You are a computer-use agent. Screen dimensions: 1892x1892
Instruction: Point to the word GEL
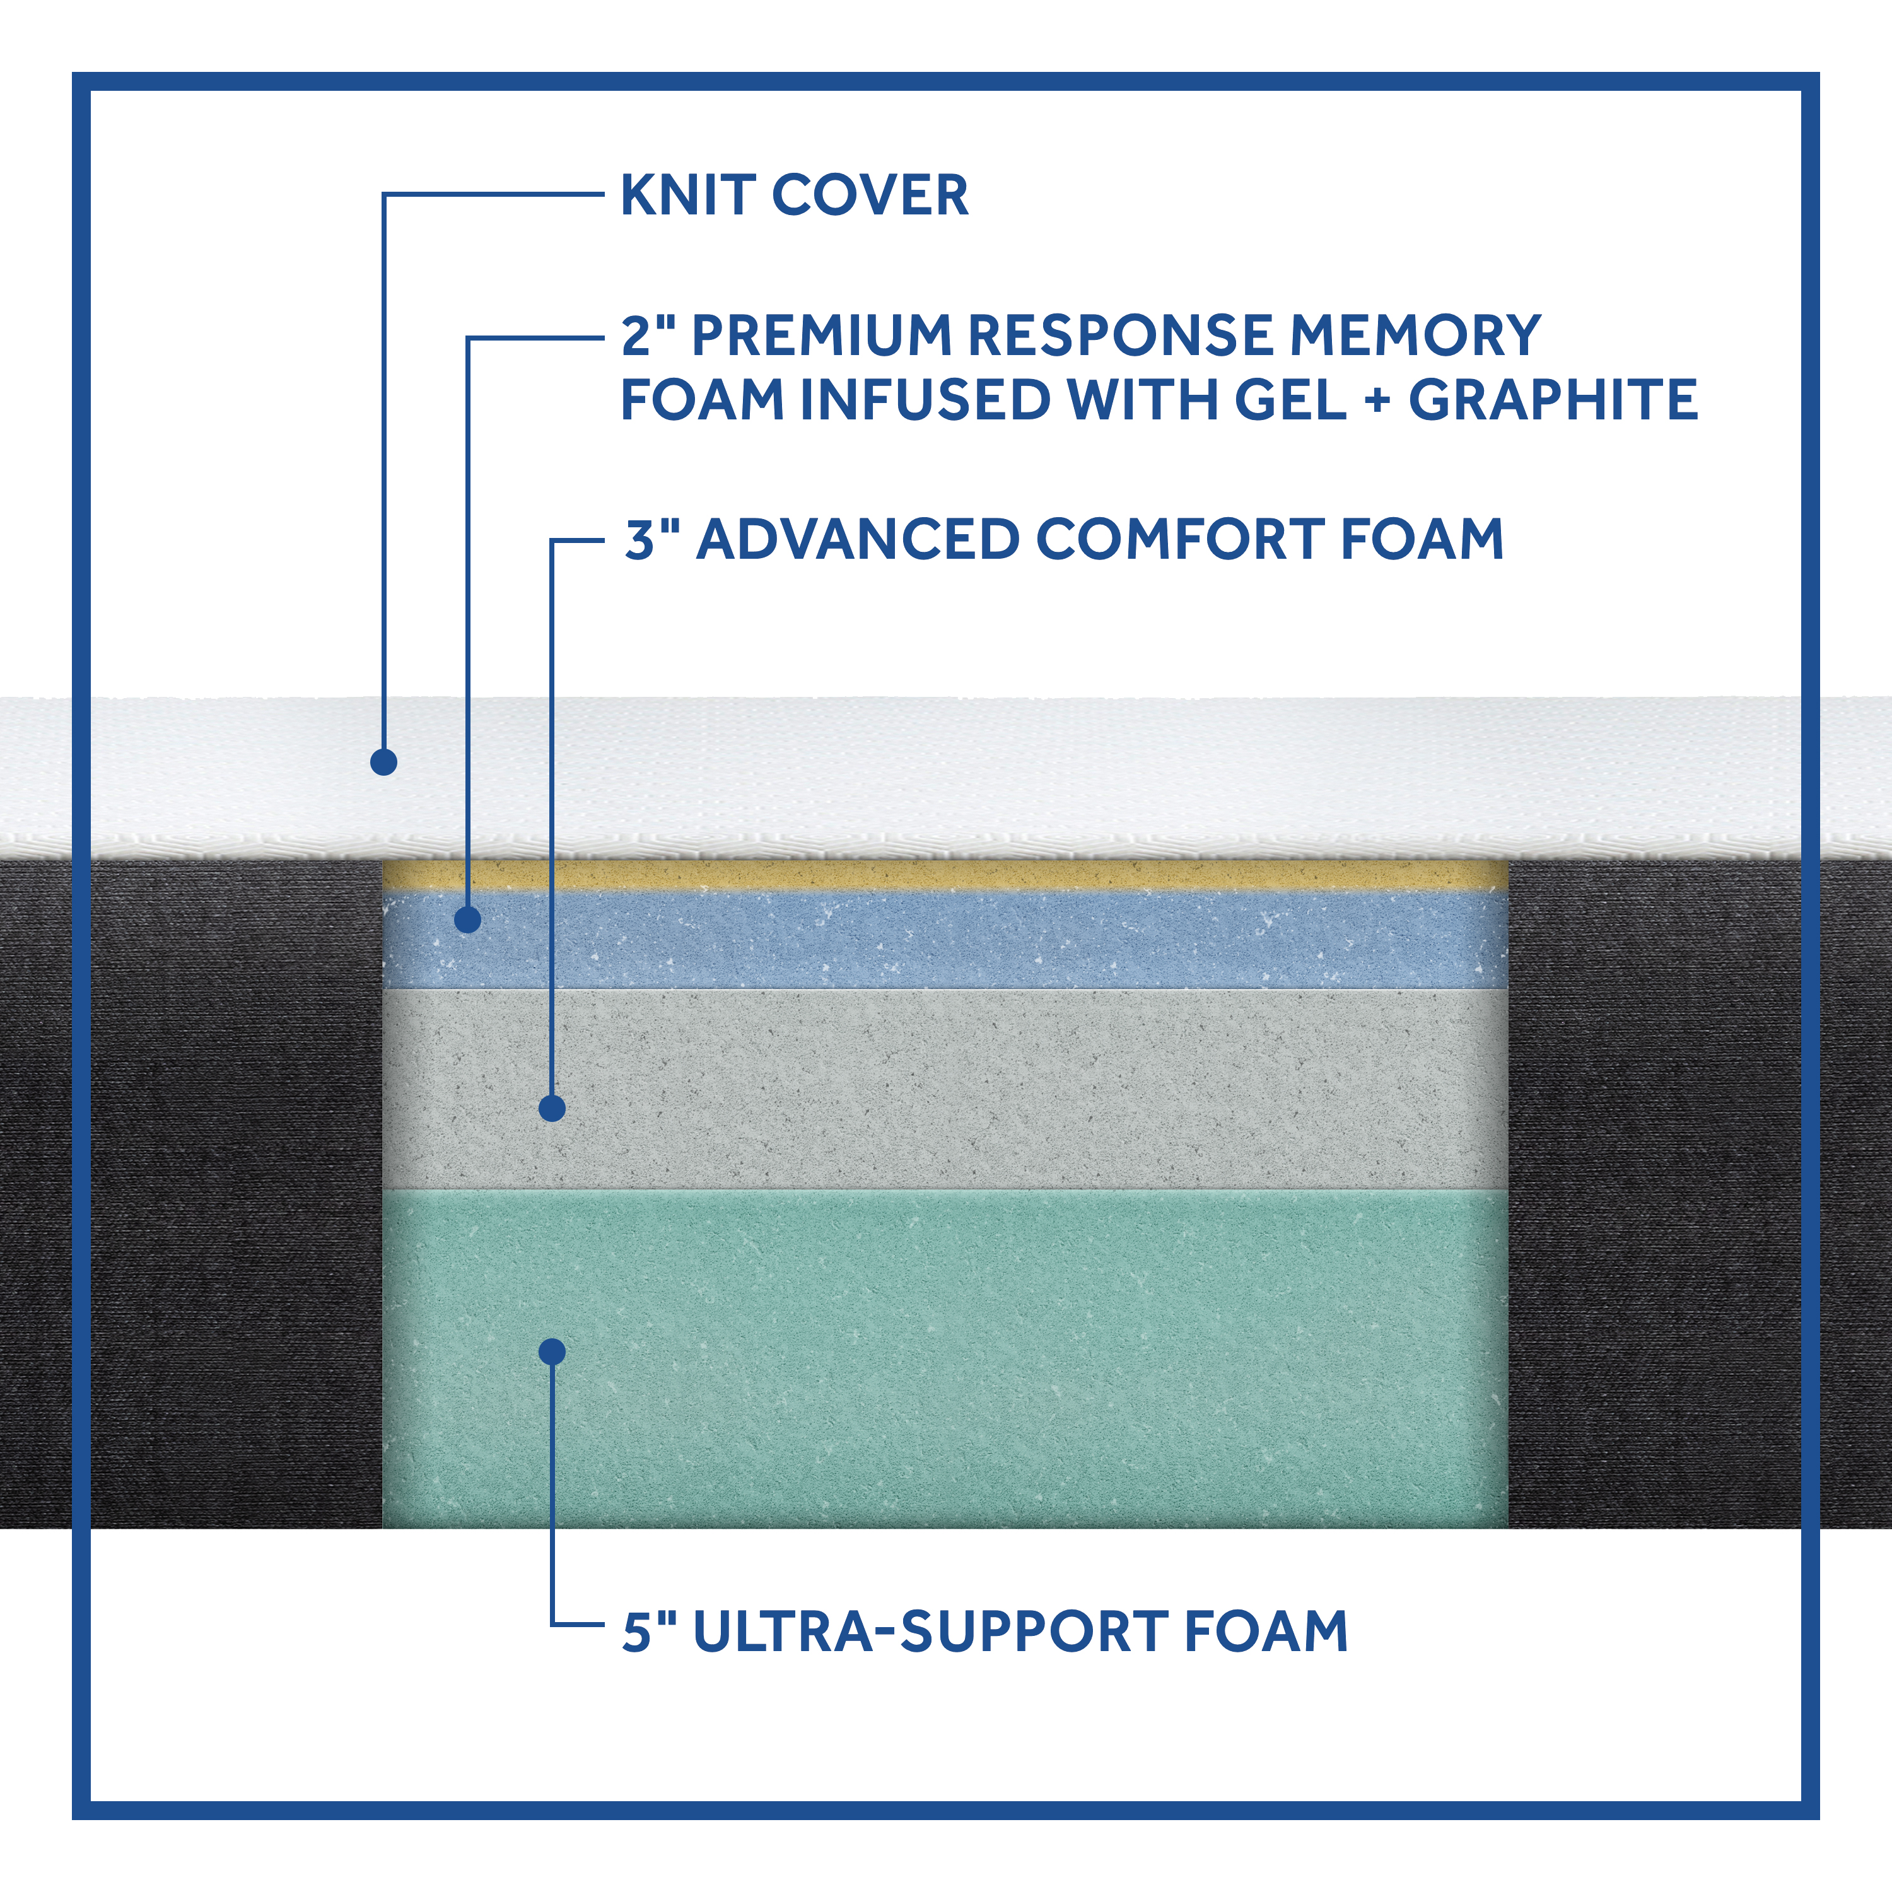coord(1291,400)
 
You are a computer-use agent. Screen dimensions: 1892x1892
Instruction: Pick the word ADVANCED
coord(858,540)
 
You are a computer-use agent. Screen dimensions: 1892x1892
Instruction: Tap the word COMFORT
coord(1180,540)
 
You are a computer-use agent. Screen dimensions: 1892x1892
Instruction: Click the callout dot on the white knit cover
coord(384,762)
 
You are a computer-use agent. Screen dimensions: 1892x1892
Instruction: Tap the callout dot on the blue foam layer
coord(468,920)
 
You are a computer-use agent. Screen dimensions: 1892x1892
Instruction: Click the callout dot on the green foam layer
coord(552,1352)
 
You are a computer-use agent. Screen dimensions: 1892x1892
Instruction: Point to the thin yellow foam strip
coord(945,875)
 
